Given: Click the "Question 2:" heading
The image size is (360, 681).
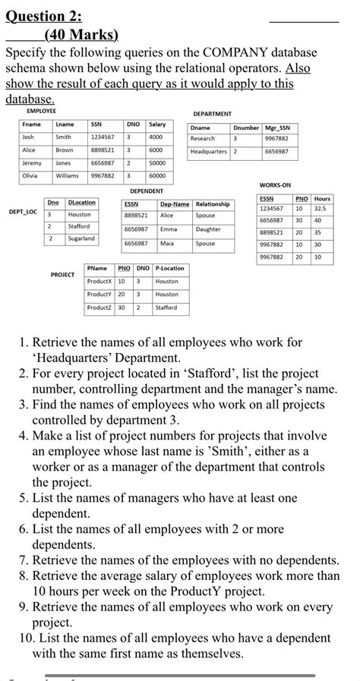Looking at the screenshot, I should pos(44,17).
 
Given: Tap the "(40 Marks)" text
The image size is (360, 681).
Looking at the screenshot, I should pos(81,35).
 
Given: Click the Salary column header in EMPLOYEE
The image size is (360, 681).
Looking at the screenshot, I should pos(157,124).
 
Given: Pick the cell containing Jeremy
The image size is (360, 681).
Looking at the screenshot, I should pos(32,162).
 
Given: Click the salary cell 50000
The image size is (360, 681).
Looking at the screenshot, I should pos(157,162).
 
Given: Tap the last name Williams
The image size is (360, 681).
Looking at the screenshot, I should pos(67,175).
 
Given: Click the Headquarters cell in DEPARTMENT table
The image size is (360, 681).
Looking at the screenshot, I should pos(208,152).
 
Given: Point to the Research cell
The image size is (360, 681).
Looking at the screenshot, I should pos(203,139).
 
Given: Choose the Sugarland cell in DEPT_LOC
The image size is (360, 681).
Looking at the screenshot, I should pos(81,238).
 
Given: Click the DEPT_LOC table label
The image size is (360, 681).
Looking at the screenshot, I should pos(23,213).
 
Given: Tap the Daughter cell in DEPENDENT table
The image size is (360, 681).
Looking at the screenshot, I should pos(208,229).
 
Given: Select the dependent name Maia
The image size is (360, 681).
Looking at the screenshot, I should pos(167,244).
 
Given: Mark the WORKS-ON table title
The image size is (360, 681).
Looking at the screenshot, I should pos(275,185).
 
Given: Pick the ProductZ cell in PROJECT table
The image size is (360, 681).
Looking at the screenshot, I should pos(99,307).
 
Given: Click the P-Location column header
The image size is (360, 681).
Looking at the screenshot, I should pos(169,268).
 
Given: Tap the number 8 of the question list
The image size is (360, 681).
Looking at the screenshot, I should pos(24,576).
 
